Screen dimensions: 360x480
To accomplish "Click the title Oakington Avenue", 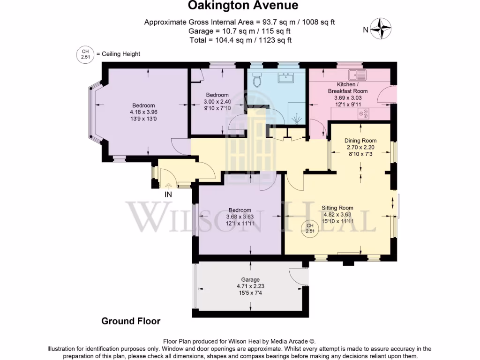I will pyautogui.click(x=243, y=6).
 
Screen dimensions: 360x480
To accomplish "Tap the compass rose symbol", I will pyautogui.click(x=382, y=29).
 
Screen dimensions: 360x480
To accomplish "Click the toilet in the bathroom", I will pyautogui.click(x=256, y=81).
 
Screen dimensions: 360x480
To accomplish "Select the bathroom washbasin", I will pyautogui.click(x=285, y=78).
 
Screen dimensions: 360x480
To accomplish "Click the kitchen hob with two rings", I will pyautogui.click(x=364, y=112).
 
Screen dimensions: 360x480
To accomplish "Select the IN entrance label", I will pyautogui.click(x=168, y=194).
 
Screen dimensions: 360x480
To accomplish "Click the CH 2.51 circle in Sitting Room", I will pyautogui.click(x=310, y=229).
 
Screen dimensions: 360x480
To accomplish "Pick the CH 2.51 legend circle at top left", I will pyautogui.click(x=85, y=54).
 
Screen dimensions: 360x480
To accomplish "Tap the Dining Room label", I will pyautogui.click(x=360, y=141).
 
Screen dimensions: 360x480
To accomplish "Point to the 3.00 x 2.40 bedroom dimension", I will pyautogui.click(x=217, y=102).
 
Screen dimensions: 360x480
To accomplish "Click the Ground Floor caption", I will pyautogui.click(x=131, y=321).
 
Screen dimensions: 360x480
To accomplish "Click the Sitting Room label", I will pyautogui.click(x=337, y=208).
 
